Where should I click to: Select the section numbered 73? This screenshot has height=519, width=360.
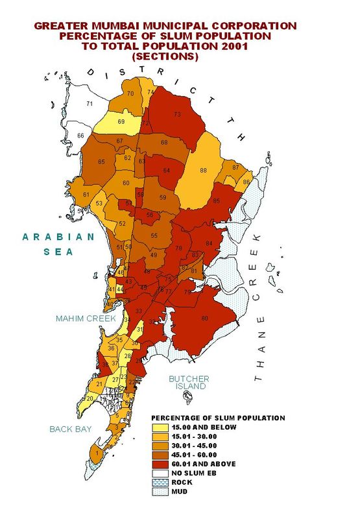(x=176, y=115)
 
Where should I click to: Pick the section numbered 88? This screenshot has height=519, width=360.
(x=203, y=170)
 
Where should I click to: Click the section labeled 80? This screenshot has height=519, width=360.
(x=205, y=318)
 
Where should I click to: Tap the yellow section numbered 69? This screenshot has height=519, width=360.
(x=121, y=122)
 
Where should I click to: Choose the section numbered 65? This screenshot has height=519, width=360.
(x=101, y=162)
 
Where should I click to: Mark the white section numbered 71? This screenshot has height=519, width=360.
(x=90, y=104)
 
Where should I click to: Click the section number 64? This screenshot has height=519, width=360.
(x=167, y=170)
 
